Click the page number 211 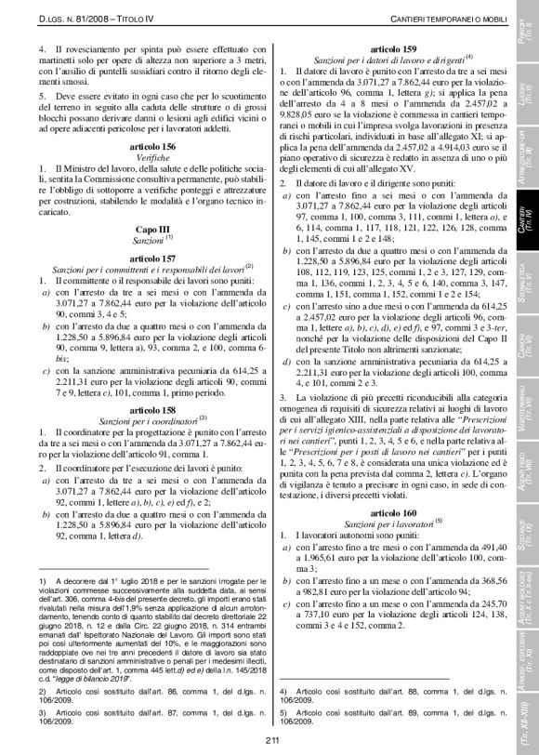[270, 740]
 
